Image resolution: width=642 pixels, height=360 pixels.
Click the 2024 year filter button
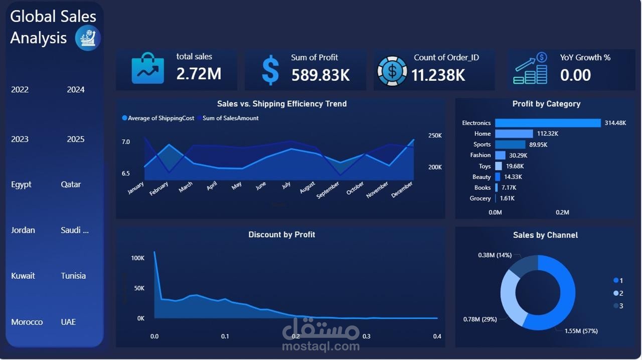coord(76,90)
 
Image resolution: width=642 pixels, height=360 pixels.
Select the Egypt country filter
coord(22,184)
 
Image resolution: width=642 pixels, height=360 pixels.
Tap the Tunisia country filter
coord(73,276)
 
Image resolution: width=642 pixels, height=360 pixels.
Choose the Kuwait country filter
coord(23,276)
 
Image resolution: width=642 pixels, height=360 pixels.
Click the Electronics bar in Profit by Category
coord(548,123)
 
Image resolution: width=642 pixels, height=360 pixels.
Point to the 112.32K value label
coord(548,134)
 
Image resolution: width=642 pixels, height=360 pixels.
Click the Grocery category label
coord(480,199)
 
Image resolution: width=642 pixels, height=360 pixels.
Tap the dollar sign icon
coord(270,71)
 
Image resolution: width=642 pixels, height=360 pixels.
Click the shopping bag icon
coord(147,70)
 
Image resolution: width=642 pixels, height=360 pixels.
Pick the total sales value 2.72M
coord(199,74)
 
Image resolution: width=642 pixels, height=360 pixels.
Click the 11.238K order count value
coord(438,75)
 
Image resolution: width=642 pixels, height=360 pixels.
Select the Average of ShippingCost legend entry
coord(158,118)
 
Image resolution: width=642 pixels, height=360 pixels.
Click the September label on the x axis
coord(328,190)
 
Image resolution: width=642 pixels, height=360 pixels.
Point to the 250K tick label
coord(435,135)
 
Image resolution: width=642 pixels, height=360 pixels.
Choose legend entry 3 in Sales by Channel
coord(618,306)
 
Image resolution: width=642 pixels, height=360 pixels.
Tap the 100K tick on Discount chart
coord(137,258)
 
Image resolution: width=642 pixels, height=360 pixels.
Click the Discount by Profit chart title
coord(281,235)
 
